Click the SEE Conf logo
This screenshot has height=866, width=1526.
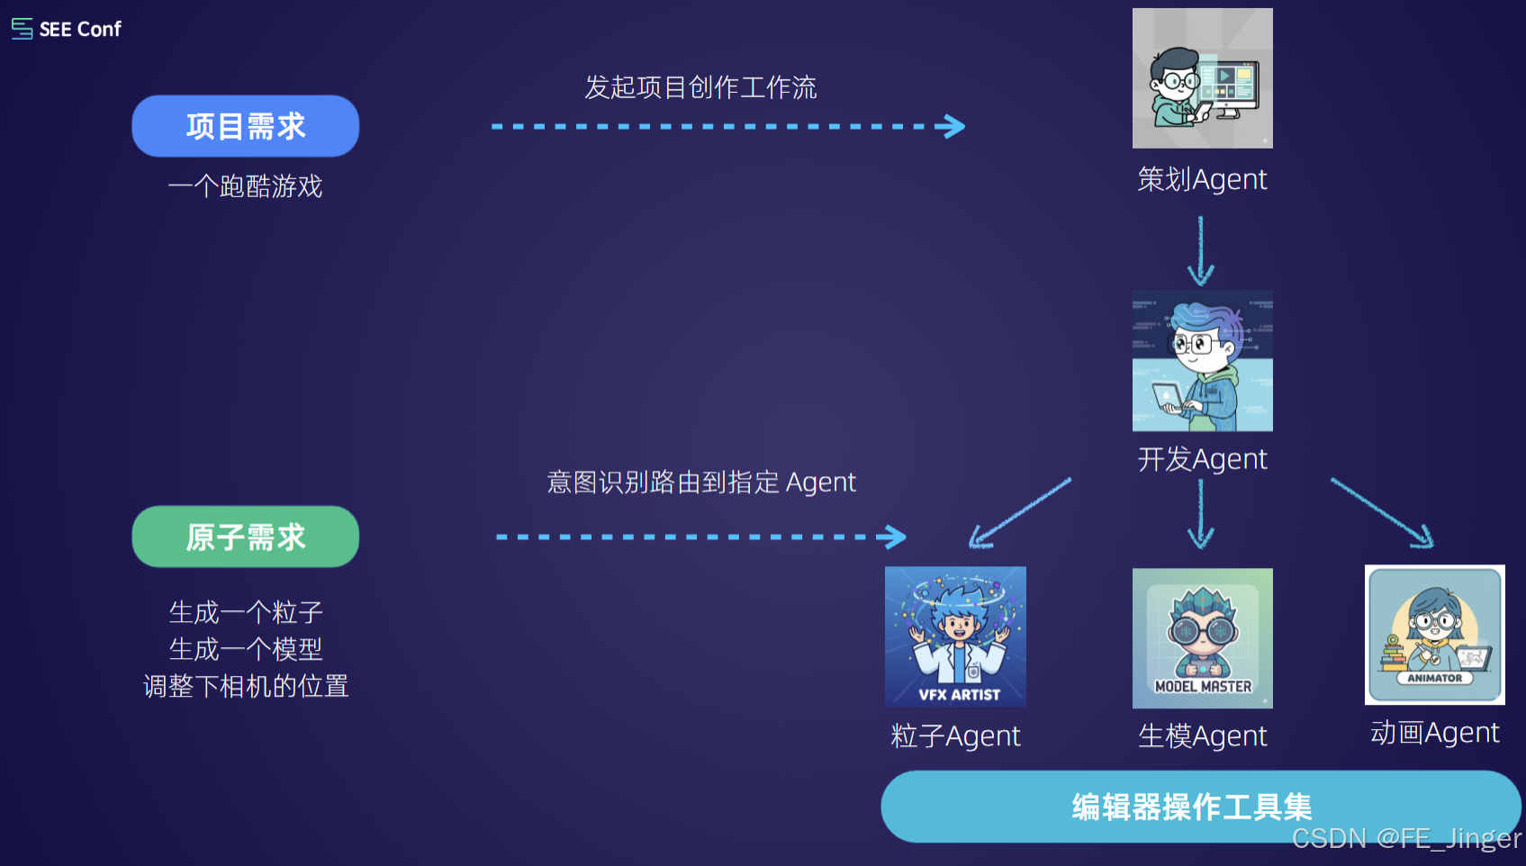pos(67,29)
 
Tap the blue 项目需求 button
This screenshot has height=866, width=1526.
pos(246,126)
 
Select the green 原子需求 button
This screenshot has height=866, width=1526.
pos(246,537)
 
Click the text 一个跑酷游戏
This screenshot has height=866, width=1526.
pos(246,186)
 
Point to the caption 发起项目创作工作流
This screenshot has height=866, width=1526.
pos(700,87)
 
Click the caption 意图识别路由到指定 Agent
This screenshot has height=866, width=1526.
pos(701,483)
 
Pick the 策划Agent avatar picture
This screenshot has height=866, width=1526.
pos(1202,78)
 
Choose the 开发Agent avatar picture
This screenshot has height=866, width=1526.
pos(1202,361)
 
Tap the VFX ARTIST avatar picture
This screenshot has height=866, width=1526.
pos(955,636)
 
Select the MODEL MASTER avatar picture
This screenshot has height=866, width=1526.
pos(1202,637)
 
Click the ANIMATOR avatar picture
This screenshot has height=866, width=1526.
pos(1434,635)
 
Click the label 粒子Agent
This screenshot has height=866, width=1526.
pos(955,736)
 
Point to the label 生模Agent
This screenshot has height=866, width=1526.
pos(1202,736)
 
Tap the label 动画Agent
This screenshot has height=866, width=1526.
pos(1434,733)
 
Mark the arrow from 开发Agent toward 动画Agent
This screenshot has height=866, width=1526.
pos(1382,512)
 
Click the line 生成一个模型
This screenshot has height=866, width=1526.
pos(246,649)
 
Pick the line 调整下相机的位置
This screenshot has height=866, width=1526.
pos(246,686)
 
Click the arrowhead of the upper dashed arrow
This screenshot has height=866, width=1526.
pos(953,126)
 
